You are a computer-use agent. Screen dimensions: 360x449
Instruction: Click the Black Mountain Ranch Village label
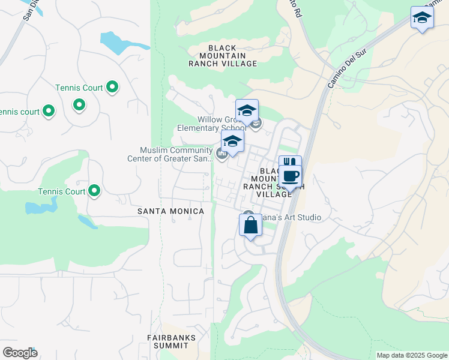(x=222, y=55)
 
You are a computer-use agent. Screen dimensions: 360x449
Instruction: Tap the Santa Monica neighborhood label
(x=170, y=211)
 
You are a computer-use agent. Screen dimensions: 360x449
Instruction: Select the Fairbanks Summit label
(x=172, y=342)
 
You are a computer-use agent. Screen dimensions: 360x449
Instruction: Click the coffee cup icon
(x=291, y=176)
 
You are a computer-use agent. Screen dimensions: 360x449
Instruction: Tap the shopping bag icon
(x=251, y=226)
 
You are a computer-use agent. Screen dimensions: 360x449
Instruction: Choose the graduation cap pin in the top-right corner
(x=422, y=18)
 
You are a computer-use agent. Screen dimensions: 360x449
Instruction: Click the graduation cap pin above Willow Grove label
(x=247, y=111)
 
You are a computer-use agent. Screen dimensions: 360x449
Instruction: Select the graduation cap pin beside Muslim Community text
(x=232, y=142)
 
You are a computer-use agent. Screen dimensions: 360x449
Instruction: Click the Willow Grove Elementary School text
(x=211, y=124)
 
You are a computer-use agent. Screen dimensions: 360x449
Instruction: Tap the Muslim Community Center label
(x=169, y=155)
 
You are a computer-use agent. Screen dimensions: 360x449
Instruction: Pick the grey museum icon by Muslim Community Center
(x=221, y=155)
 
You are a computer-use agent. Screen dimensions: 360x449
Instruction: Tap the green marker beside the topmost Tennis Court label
(x=112, y=88)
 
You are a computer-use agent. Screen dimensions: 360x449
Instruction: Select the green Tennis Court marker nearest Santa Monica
(x=94, y=191)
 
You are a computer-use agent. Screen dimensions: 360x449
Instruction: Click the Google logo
(x=20, y=353)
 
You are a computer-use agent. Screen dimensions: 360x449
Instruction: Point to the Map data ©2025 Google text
(x=411, y=355)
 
